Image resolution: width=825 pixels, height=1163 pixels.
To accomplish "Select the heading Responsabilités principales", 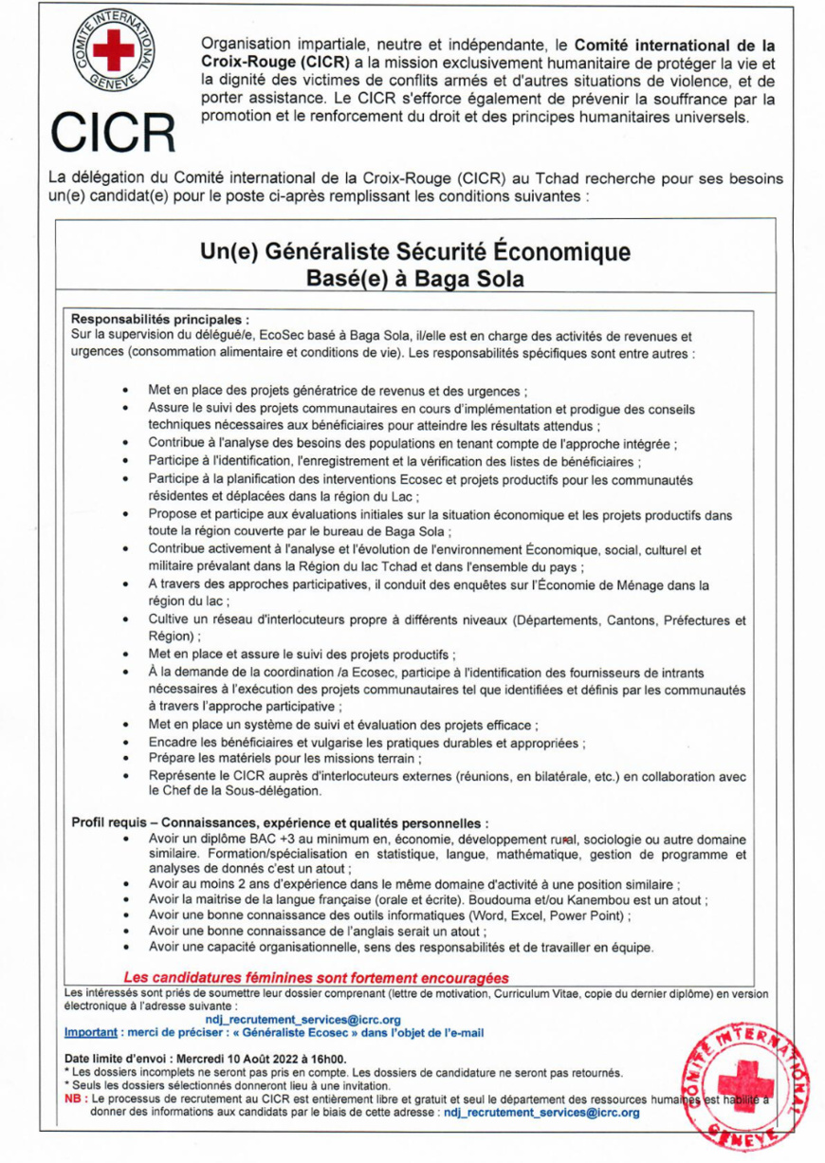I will [161, 322].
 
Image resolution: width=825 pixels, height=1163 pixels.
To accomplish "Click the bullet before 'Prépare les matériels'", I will [126, 758].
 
